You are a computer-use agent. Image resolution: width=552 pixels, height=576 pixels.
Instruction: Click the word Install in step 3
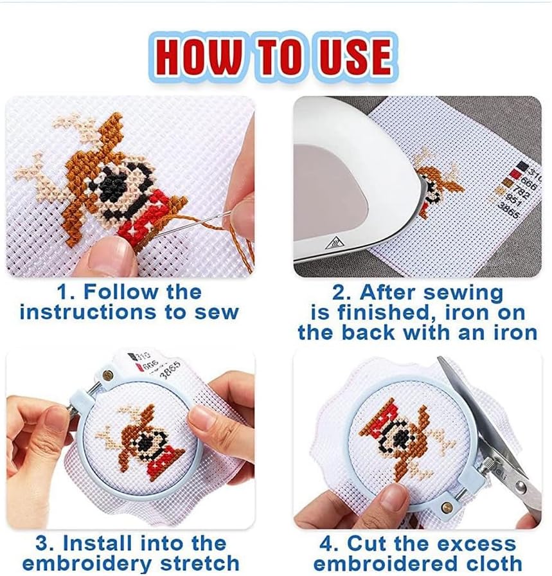coord(99,543)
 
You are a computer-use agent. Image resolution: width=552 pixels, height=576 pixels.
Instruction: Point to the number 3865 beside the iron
coord(509,210)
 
